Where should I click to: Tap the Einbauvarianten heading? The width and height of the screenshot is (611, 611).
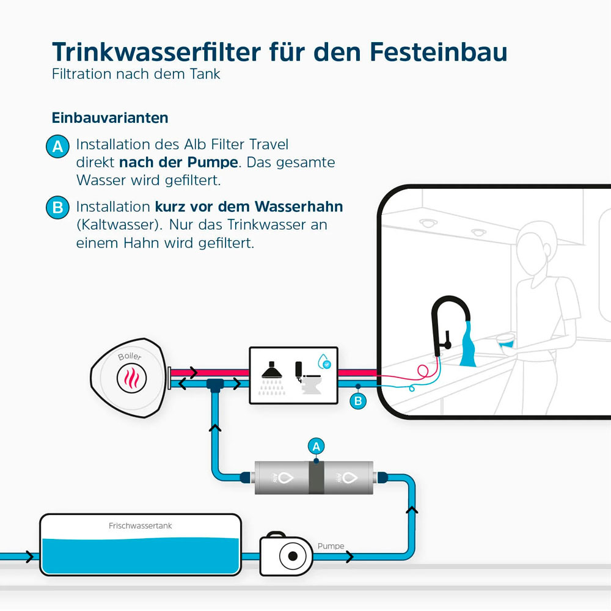pyautogui.click(x=110, y=117)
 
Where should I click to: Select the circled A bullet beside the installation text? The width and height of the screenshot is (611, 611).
pyautogui.click(x=58, y=147)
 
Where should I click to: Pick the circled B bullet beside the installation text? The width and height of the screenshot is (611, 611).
pyautogui.click(x=58, y=208)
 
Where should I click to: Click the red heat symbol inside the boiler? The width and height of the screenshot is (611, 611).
pyautogui.click(x=131, y=378)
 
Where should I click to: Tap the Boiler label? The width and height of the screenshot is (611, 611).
pyautogui.click(x=129, y=356)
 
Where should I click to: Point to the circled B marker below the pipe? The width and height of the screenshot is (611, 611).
pyautogui.click(x=358, y=401)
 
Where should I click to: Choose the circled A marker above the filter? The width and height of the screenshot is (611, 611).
pyautogui.click(x=316, y=446)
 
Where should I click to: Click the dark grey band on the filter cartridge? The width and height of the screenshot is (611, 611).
pyautogui.click(x=316, y=477)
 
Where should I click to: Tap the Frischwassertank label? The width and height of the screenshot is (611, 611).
pyautogui.click(x=141, y=525)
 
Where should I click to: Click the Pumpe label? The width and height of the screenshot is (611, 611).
pyautogui.click(x=331, y=546)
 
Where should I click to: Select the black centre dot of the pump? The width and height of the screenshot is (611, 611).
pyautogui.click(x=293, y=556)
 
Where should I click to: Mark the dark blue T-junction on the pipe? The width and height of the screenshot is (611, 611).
pyautogui.click(x=215, y=385)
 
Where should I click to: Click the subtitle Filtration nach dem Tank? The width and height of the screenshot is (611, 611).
pyautogui.click(x=136, y=75)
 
